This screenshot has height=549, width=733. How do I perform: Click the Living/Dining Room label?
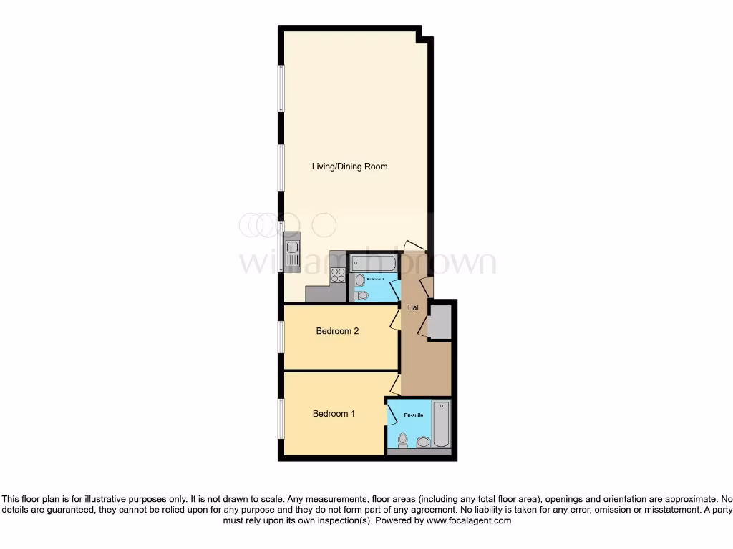coord(349,167)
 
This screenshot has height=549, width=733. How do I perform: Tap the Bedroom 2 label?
coord(337,331)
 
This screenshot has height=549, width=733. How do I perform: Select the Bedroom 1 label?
coord(334,414)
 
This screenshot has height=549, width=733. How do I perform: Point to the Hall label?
coord(414,308)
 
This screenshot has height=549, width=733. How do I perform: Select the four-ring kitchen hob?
coord(338,275)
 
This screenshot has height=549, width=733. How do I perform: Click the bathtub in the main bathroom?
coord(373,262)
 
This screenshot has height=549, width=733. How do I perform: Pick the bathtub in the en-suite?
coord(442,424)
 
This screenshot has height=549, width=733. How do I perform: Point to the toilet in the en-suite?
coord(403,440)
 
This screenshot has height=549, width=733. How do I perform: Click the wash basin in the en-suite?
coord(423,443)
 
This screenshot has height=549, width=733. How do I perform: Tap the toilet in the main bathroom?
coord(361,294)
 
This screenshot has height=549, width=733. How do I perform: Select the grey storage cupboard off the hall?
coord(439,321)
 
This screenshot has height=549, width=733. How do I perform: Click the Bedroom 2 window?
coord(281,337)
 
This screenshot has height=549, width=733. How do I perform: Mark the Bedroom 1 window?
coord(281,419)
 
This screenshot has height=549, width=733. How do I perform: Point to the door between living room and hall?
coord(414,246)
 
